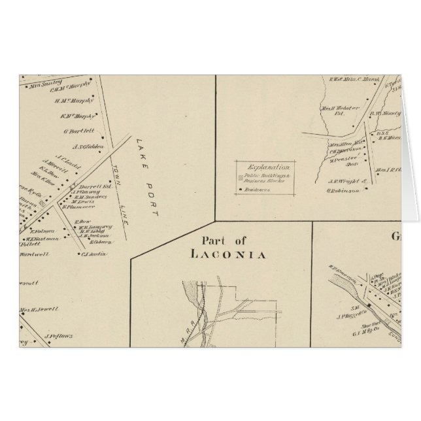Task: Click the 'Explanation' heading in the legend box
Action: (266, 167)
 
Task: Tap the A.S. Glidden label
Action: (86, 146)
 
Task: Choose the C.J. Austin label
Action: (94, 254)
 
